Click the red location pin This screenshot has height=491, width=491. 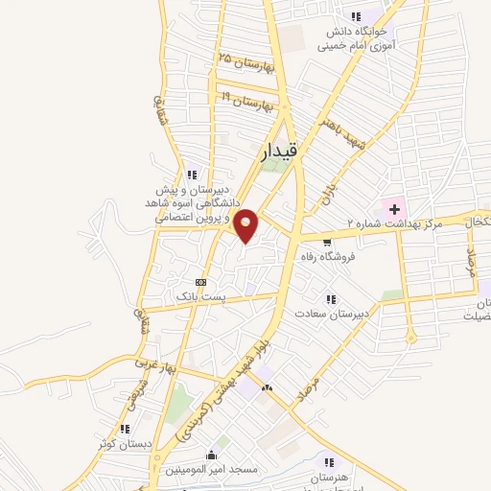tap(246, 225)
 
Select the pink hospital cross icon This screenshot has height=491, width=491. tap(394, 207)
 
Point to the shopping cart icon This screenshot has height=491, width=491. tap(328, 243)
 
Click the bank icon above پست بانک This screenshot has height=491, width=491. tap(200, 282)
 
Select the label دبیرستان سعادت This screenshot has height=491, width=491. tap(330, 314)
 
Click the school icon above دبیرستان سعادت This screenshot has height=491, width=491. tap(330, 299)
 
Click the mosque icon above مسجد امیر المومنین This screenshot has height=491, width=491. tap(211, 455)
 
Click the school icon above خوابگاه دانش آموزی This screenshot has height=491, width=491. tap(356, 16)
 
